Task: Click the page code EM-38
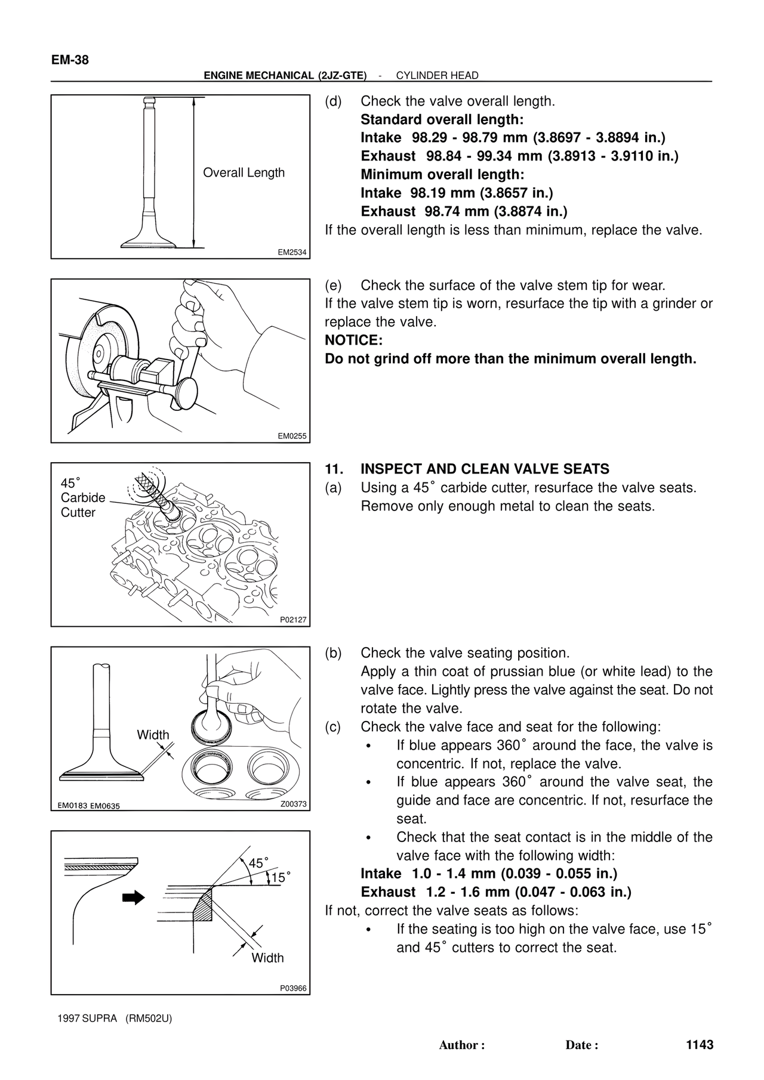tap(70, 60)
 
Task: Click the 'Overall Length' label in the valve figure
tap(244, 173)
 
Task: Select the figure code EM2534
tap(292, 252)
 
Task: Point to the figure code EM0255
tap(292, 436)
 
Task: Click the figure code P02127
tap(293, 620)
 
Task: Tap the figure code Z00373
tap(293, 804)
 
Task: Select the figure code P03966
tap(293, 988)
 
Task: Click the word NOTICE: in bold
tap(353, 341)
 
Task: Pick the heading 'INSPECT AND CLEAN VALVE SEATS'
tap(485, 469)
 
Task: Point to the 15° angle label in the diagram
tap(280, 878)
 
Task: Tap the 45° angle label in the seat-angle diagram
tap(258, 863)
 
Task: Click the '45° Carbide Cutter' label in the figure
tap(83, 498)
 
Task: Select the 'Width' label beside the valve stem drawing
tap(153, 735)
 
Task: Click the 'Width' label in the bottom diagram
tap(267, 958)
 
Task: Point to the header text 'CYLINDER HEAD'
tap(438, 76)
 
